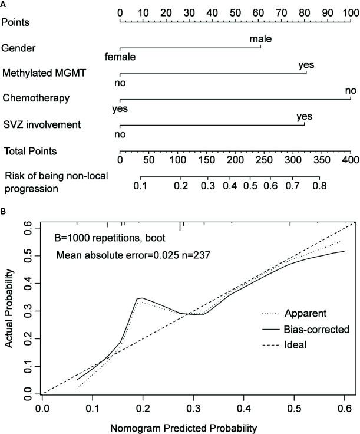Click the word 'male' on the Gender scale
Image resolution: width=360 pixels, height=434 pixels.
260,39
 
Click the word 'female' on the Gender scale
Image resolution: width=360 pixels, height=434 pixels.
120,57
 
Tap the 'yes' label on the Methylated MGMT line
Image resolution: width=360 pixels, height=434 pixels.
306,65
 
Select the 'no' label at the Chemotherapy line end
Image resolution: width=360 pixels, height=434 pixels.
351,91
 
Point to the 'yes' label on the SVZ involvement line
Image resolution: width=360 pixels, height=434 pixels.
304,116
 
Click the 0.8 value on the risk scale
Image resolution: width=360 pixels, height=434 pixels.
319,186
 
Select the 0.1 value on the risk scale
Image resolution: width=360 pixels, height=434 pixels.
140,186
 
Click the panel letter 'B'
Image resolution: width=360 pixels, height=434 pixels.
4,210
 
